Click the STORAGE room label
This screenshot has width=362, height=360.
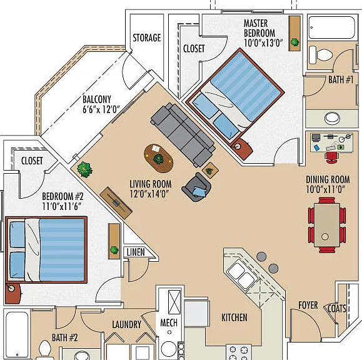point(147,37)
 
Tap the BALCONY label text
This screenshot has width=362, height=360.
point(97,99)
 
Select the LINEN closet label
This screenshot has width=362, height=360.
point(136,252)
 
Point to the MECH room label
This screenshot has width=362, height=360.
point(169,322)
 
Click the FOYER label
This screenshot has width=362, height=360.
point(308,305)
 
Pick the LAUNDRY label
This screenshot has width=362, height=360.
point(126,324)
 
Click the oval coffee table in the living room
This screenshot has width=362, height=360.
point(158,158)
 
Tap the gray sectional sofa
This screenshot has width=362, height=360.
point(183,135)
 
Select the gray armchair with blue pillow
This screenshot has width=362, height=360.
point(196,187)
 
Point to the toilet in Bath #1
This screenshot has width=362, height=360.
point(321,55)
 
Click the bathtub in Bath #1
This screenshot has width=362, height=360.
point(331,27)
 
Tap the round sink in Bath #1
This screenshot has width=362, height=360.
point(332,118)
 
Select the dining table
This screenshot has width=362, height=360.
point(327,225)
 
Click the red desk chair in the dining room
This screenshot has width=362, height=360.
point(331,157)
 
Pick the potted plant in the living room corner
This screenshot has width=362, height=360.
point(85,169)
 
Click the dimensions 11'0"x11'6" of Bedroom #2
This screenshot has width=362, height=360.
point(61,206)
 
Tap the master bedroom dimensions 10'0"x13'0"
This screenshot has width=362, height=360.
point(263,42)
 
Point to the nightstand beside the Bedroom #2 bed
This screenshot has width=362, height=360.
point(13,293)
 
